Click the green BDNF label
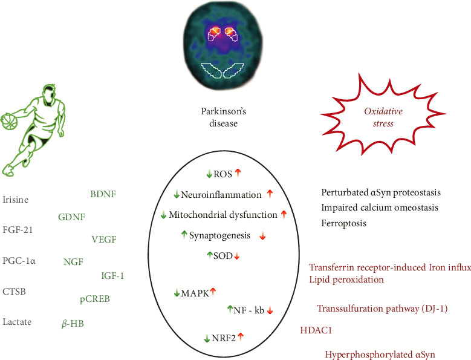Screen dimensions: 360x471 102,194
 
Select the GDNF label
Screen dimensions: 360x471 71,217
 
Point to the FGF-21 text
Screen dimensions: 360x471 17,231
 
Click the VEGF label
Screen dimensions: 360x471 103,239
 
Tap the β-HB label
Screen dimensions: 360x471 73,324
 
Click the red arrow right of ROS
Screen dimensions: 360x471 238,174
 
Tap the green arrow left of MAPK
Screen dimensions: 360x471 176,293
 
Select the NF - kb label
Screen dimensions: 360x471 248,309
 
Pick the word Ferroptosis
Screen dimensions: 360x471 344,223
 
